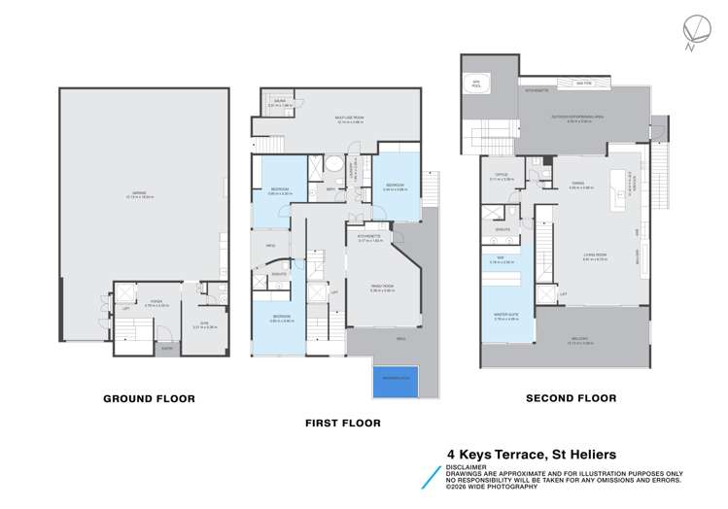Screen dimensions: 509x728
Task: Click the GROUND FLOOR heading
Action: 150,398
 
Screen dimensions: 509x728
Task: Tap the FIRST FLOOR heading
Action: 343,423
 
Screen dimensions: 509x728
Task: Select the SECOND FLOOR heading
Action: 571,398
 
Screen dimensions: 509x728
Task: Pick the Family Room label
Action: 382,288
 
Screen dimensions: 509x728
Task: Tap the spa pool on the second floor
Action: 477,83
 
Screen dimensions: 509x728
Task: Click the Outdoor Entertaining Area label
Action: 579,119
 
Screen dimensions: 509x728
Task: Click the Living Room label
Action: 596,257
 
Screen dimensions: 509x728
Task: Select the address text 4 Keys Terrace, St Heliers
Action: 531,454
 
